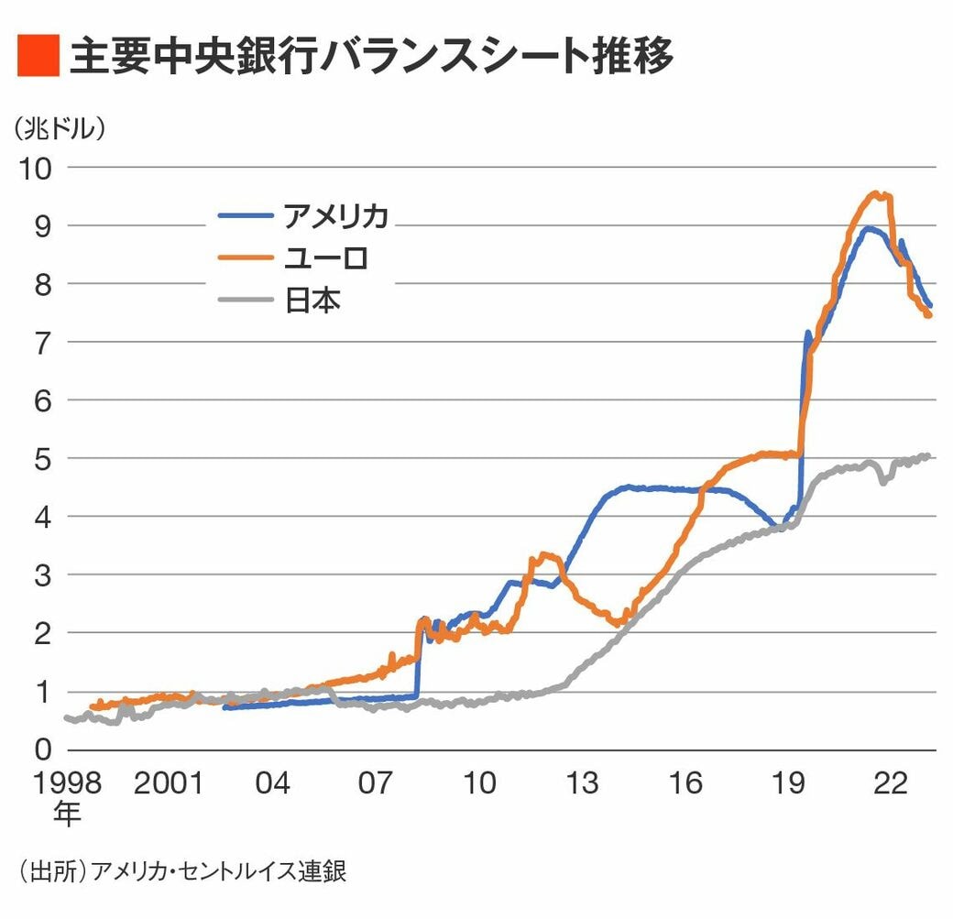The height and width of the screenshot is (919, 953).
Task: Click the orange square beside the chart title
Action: coord(38,57)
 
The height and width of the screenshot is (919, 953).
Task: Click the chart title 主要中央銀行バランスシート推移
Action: coord(371,57)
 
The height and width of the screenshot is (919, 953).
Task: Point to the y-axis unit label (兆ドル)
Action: coord(60,129)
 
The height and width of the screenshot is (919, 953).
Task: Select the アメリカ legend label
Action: coord(335,216)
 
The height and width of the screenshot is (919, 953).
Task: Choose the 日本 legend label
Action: coord(312,301)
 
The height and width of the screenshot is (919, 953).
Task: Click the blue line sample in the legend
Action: coord(245,216)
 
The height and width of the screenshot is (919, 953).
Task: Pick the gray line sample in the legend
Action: coord(245,300)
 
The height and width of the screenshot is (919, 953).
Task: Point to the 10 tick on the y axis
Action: coord(36,168)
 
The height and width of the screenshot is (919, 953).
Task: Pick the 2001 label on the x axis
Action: coord(168,784)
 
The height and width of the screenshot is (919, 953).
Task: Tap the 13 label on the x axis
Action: coord(583,784)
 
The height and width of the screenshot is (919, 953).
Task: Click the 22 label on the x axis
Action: coord(893,784)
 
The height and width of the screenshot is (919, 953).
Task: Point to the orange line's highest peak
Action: coord(877,193)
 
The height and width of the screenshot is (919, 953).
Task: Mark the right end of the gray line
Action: coord(928,455)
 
